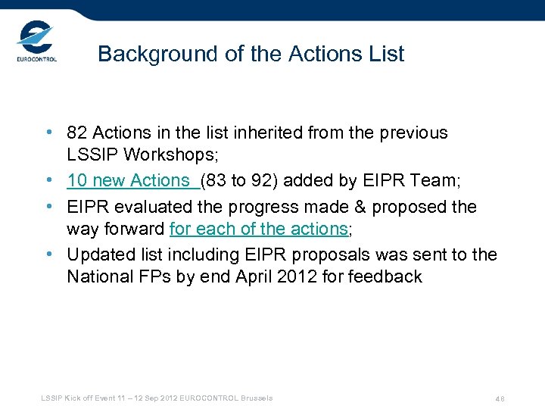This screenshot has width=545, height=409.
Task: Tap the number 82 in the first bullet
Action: (77, 133)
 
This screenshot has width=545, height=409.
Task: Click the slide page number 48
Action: (500, 399)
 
